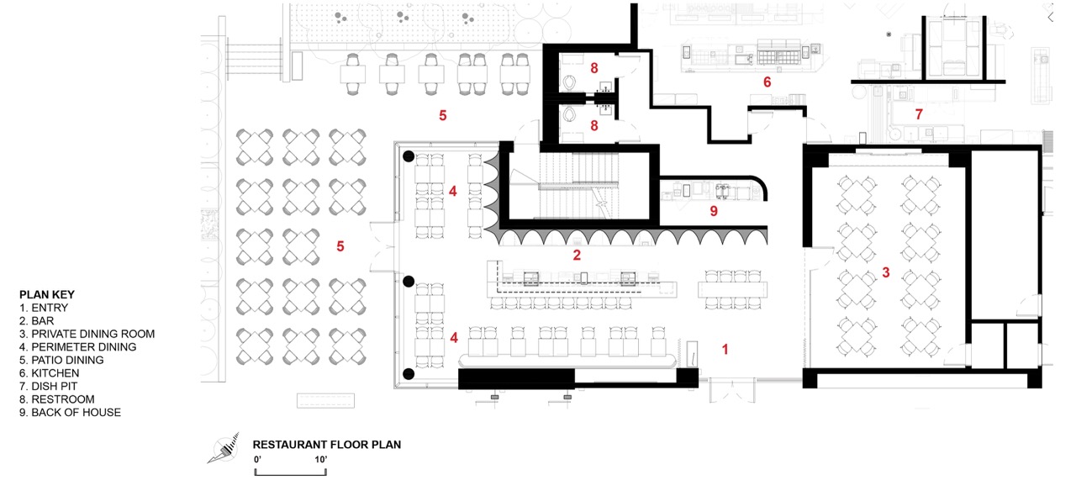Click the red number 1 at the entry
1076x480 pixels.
point(725,350)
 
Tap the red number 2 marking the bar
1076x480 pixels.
point(577,256)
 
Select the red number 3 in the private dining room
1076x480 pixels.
point(886,272)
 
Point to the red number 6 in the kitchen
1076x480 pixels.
point(767,82)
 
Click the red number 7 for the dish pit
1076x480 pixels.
point(919,114)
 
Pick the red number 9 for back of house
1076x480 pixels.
point(714,211)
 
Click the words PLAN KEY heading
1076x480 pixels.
point(47,294)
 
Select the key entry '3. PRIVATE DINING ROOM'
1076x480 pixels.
point(87,334)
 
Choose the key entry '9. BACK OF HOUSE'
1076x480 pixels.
point(70,412)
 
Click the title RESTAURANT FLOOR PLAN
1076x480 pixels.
point(327,445)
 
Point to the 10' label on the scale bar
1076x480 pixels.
point(321,459)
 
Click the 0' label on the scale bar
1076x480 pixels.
point(257,459)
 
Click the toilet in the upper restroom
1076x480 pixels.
point(569,82)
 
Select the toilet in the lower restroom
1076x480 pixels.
point(569,115)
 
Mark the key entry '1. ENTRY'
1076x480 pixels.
point(44,308)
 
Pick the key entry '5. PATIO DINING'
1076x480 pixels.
point(61,361)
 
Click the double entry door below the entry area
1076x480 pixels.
point(732,390)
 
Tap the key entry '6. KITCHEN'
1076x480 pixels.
point(50,373)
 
